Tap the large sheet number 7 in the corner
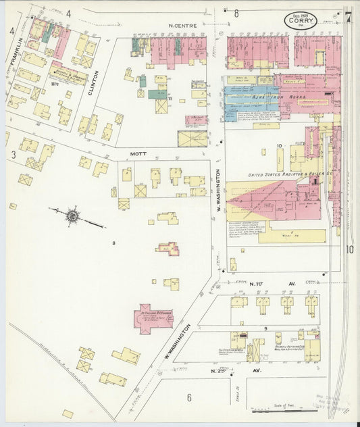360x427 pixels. point(348,18)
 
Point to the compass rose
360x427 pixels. point(73,216)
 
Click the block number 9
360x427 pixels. point(265,328)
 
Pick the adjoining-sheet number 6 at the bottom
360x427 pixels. point(189,398)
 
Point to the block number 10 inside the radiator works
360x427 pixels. point(279,145)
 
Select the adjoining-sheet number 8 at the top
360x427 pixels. point(236,13)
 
